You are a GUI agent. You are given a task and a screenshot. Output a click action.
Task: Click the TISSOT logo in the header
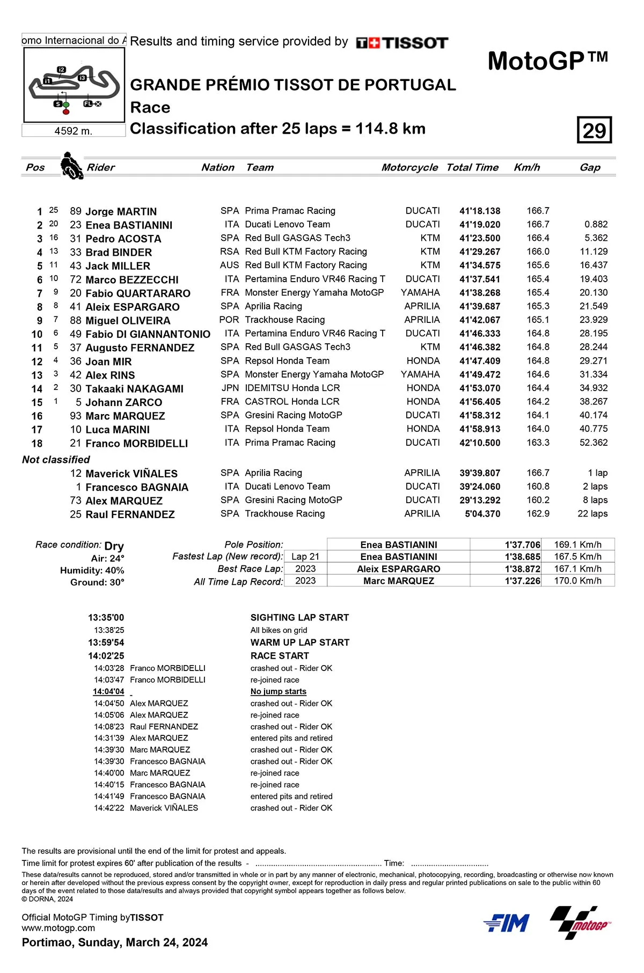coord(402,43)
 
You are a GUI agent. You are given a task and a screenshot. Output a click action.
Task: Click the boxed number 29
coord(594,130)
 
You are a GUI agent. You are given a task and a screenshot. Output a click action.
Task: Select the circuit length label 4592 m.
coord(74,131)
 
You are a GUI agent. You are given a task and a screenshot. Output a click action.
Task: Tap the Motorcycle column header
coord(409,167)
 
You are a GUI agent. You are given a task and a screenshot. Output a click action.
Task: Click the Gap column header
coord(590,167)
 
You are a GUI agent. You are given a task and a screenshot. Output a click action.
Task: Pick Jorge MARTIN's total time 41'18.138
coord(480,211)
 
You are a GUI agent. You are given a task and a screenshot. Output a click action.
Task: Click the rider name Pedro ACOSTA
coord(123,239)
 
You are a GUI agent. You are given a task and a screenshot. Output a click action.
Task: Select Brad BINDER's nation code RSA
coord(229,252)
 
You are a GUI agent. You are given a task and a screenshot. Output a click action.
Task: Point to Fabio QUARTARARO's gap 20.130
coord(594,293)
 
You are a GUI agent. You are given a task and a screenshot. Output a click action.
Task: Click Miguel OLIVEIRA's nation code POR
coord(229,320)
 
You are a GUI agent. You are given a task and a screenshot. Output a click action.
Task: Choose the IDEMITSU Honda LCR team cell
coord(292,388)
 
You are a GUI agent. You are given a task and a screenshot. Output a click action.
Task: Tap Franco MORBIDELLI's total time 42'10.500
coord(480,443)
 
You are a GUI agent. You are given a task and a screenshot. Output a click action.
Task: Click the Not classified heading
coord(56,460)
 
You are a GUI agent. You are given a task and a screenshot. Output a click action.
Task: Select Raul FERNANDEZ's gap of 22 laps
coord(592,514)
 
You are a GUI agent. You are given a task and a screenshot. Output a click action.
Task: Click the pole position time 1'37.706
coord(522,545)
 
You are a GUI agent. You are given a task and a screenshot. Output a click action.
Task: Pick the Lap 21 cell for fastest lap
coord(305,557)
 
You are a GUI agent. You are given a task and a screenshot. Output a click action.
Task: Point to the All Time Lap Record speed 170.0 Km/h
coord(577,581)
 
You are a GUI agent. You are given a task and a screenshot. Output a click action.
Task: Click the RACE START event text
coord(280,656)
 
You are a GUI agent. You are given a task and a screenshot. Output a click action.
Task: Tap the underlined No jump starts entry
coord(278,692)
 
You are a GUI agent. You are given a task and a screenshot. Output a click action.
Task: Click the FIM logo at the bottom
coord(507,923)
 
